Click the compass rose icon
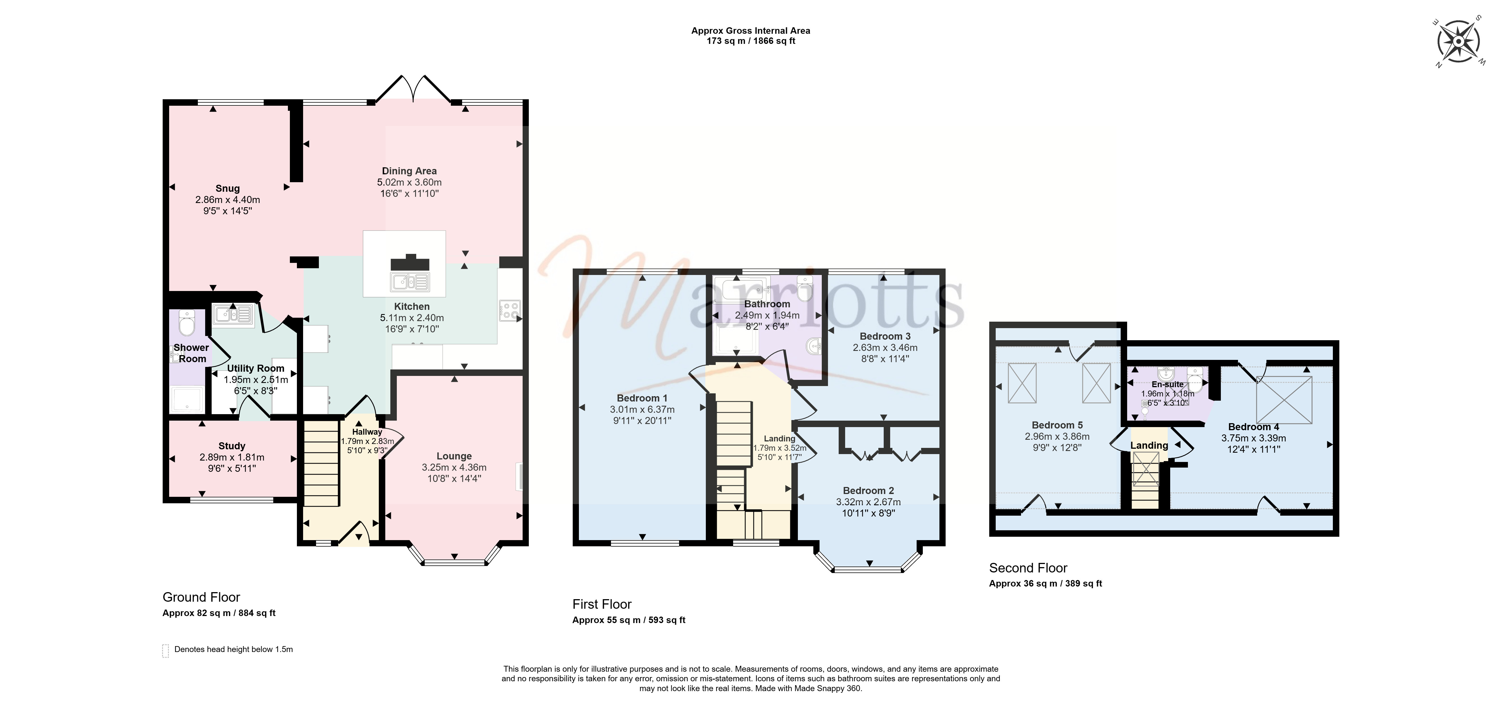point(1458,41)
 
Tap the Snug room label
point(227,188)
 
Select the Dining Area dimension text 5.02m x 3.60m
point(409,182)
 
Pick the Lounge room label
point(454,456)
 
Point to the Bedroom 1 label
point(642,398)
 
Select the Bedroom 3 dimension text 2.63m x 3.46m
point(885,348)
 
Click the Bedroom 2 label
point(868,490)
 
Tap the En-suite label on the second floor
point(1167,384)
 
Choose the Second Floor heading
point(1028,568)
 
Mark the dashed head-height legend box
point(165,651)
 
